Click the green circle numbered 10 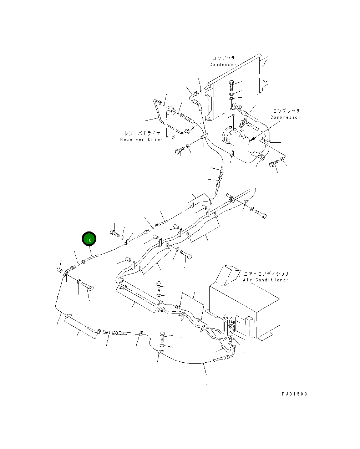89,240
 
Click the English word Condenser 223,65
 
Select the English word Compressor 285,117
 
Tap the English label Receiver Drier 141,139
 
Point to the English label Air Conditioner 266,280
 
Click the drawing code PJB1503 294,394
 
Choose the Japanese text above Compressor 286,111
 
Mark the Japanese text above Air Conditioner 266,274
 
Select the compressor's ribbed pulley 227,137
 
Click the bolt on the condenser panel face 231,85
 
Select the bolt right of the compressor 273,164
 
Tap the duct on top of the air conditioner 229,275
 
